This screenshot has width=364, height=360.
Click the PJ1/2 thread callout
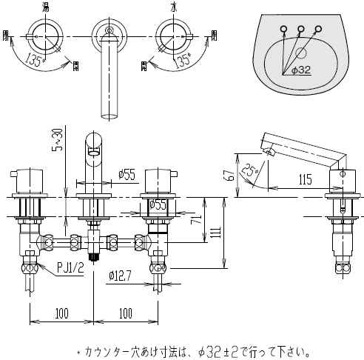pyautogui.click(x=70, y=267)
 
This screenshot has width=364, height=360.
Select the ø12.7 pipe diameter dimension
pyautogui.click(x=120, y=276)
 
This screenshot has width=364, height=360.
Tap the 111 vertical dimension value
pyautogui.click(x=216, y=233)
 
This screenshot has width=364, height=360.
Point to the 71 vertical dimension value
pyautogui.click(x=196, y=219)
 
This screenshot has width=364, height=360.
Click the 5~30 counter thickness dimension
pyautogui.click(x=58, y=140)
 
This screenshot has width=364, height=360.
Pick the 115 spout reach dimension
pyautogui.click(x=306, y=179)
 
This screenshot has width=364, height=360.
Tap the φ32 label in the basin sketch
pyautogui.click(x=301, y=70)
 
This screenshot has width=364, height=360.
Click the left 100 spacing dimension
pyautogui.click(x=61, y=313)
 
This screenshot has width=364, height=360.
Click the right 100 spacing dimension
pyautogui.click(x=126, y=313)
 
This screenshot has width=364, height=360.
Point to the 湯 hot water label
pyautogui.click(x=45, y=7)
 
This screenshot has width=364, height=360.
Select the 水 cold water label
pyautogui.click(x=174, y=7)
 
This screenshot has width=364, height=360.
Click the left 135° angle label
pyautogui.click(x=36, y=59)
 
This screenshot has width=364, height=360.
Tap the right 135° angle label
pyautogui.click(x=183, y=60)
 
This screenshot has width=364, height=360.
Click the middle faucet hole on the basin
pyautogui.click(x=301, y=29)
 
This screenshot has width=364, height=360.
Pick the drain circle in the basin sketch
pyautogui.click(x=301, y=53)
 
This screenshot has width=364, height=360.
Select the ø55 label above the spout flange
pyautogui.click(x=127, y=175)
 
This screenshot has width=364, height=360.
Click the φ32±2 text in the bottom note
pyautogui.click(x=218, y=352)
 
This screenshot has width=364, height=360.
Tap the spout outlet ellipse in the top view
pyautogui.click(x=109, y=116)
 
